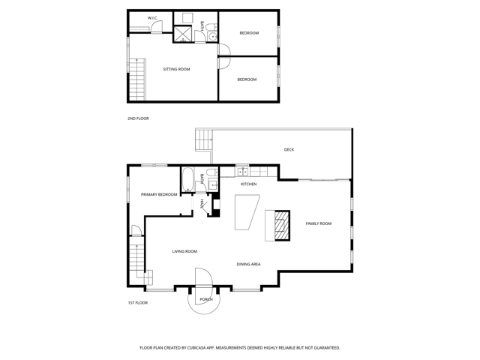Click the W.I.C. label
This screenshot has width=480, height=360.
click(x=152, y=18)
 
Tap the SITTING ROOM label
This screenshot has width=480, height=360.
click(x=177, y=69)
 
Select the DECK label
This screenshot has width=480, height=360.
click(x=289, y=150)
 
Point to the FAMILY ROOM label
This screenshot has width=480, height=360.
click(x=319, y=223)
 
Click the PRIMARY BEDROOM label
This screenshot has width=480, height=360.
click(x=159, y=194)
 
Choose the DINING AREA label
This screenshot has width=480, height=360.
click(x=248, y=264)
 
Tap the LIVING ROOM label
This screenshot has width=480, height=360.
click(x=184, y=251)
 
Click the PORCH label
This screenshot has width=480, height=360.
click(x=206, y=299)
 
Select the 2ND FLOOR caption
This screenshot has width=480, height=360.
click(x=138, y=118)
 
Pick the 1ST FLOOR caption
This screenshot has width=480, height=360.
click(x=138, y=303)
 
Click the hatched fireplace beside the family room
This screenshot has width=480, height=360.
click(x=282, y=226)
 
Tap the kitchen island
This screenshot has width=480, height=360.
click(x=247, y=212)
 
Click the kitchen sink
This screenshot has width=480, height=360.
click(x=243, y=172)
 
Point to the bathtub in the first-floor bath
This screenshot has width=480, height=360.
click(x=187, y=180)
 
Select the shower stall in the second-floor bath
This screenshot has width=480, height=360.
click(x=183, y=34)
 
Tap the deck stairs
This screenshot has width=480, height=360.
click(x=204, y=140)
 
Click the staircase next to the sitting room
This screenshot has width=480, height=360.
click(x=137, y=79)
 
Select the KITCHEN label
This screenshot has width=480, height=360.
click(x=248, y=184)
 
